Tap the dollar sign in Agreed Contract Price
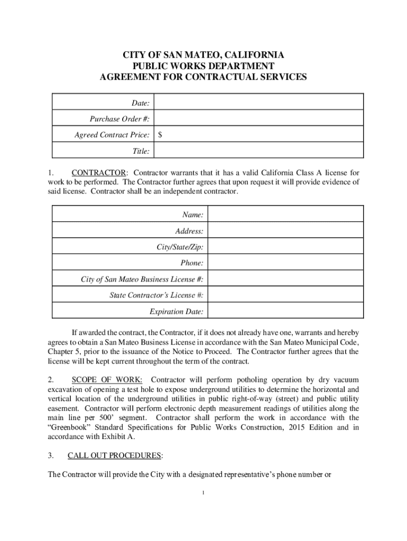160,135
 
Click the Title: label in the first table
141,152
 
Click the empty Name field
285,214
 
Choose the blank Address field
285,231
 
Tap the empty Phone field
285,263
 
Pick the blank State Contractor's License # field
285,295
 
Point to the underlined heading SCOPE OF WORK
107,380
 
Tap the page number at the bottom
203,493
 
